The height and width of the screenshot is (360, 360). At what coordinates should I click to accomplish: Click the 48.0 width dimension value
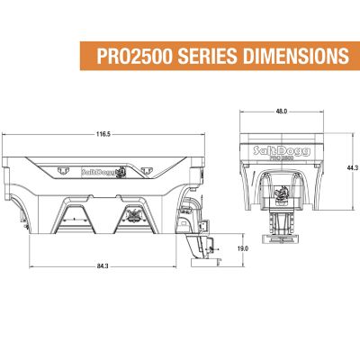282,112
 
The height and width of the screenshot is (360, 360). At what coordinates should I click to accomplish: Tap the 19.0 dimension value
241,248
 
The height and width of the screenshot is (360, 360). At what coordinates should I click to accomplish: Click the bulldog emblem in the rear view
282,192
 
